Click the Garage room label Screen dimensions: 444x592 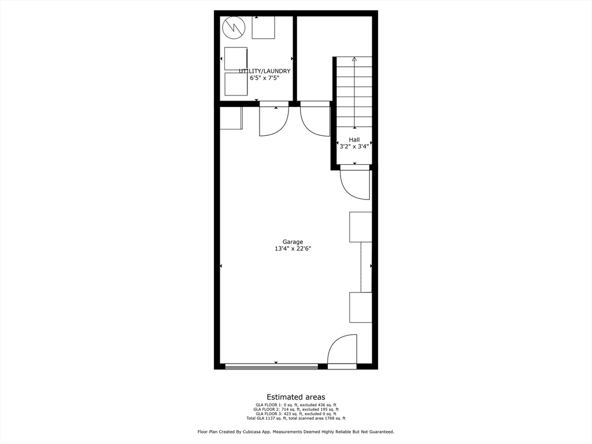point(293,242)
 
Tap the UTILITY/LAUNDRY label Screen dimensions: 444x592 point(265,71)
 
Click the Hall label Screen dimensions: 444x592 point(354,140)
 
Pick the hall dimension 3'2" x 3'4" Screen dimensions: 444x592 point(354,147)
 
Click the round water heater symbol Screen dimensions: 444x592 point(234,27)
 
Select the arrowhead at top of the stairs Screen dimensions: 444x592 point(354,59)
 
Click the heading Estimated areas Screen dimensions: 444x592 point(295,397)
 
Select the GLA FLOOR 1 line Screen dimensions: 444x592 point(295,405)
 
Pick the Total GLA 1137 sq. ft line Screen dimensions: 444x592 point(295,418)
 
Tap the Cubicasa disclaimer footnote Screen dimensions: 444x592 point(295,432)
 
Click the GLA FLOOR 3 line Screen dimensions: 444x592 point(295,414)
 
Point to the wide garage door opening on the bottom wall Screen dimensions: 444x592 point(271,366)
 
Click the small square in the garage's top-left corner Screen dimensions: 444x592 point(231,119)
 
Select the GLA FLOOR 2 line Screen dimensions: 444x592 point(295,409)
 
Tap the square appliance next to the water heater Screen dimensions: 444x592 point(263,27)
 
